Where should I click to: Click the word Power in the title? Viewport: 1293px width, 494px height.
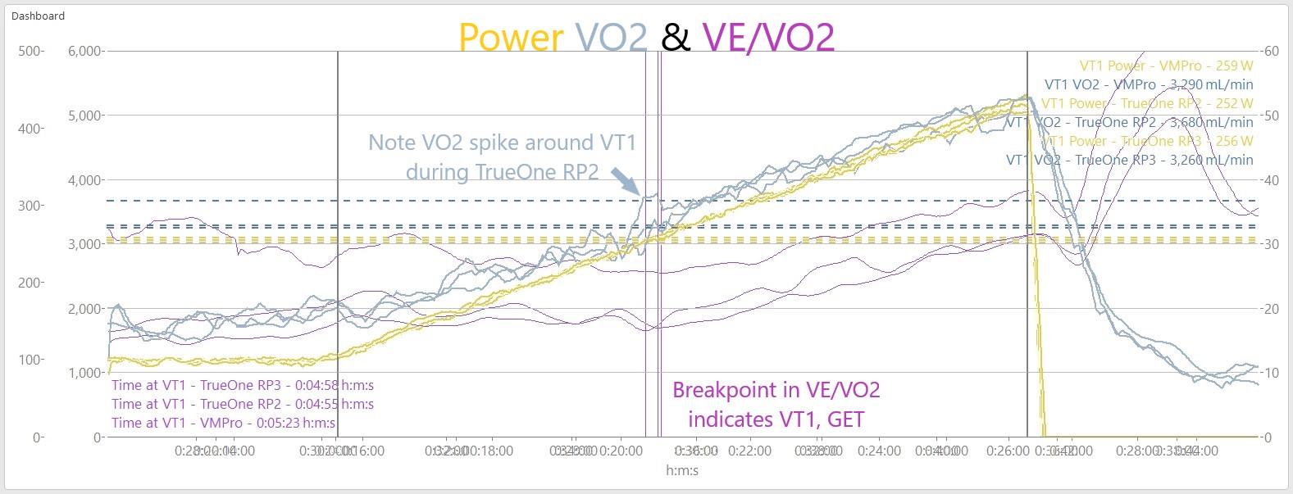pyautogui.click(x=510, y=38)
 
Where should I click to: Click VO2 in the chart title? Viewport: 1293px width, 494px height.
pyautogui.click(x=611, y=38)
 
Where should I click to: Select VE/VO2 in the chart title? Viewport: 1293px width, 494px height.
pyautogui.click(x=768, y=38)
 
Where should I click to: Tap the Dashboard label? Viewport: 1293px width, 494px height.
pyautogui.click(x=38, y=16)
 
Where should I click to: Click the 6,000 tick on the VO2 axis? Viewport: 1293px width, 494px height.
pyautogui.click(x=84, y=51)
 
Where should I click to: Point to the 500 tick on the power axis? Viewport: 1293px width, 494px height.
pyautogui.click(x=30, y=51)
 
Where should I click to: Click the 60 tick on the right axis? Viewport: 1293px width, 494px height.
pyautogui.click(x=1271, y=51)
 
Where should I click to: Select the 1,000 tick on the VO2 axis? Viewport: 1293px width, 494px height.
pyautogui.click(x=84, y=373)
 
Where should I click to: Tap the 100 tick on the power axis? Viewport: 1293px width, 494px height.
pyautogui.click(x=30, y=360)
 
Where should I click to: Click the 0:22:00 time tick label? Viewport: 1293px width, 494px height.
pyautogui.click(x=749, y=451)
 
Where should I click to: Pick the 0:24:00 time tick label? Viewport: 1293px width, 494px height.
pyautogui.click(x=879, y=451)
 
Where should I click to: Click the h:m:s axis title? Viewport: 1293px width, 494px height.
pyautogui.click(x=682, y=470)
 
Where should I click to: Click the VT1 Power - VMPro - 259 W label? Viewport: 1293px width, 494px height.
pyautogui.click(x=1166, y=66)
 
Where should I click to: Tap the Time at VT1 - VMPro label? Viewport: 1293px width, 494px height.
pyautogui.click(x=223, y=423)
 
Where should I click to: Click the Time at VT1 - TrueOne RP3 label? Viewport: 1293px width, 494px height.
pyautogui.click(x=243, y=385)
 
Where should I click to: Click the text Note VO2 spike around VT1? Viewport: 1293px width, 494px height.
pyautogui.click(x=502, y=143)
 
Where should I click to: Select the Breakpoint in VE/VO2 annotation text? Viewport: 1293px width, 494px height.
pyautogui.click(x=776, y=390)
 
